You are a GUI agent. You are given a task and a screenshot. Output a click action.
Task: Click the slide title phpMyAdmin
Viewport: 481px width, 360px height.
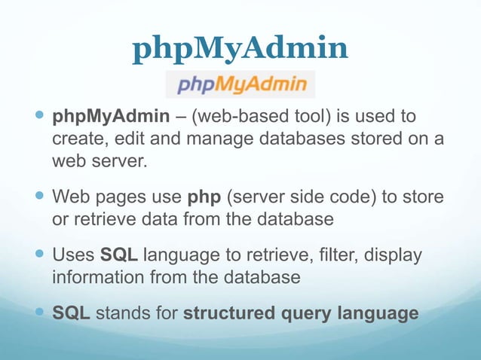click(240, 50)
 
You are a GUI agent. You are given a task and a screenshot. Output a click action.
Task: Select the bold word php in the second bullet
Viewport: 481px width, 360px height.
click(203, 198)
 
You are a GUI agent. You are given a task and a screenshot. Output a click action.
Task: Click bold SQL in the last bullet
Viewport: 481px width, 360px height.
click(71, 312)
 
